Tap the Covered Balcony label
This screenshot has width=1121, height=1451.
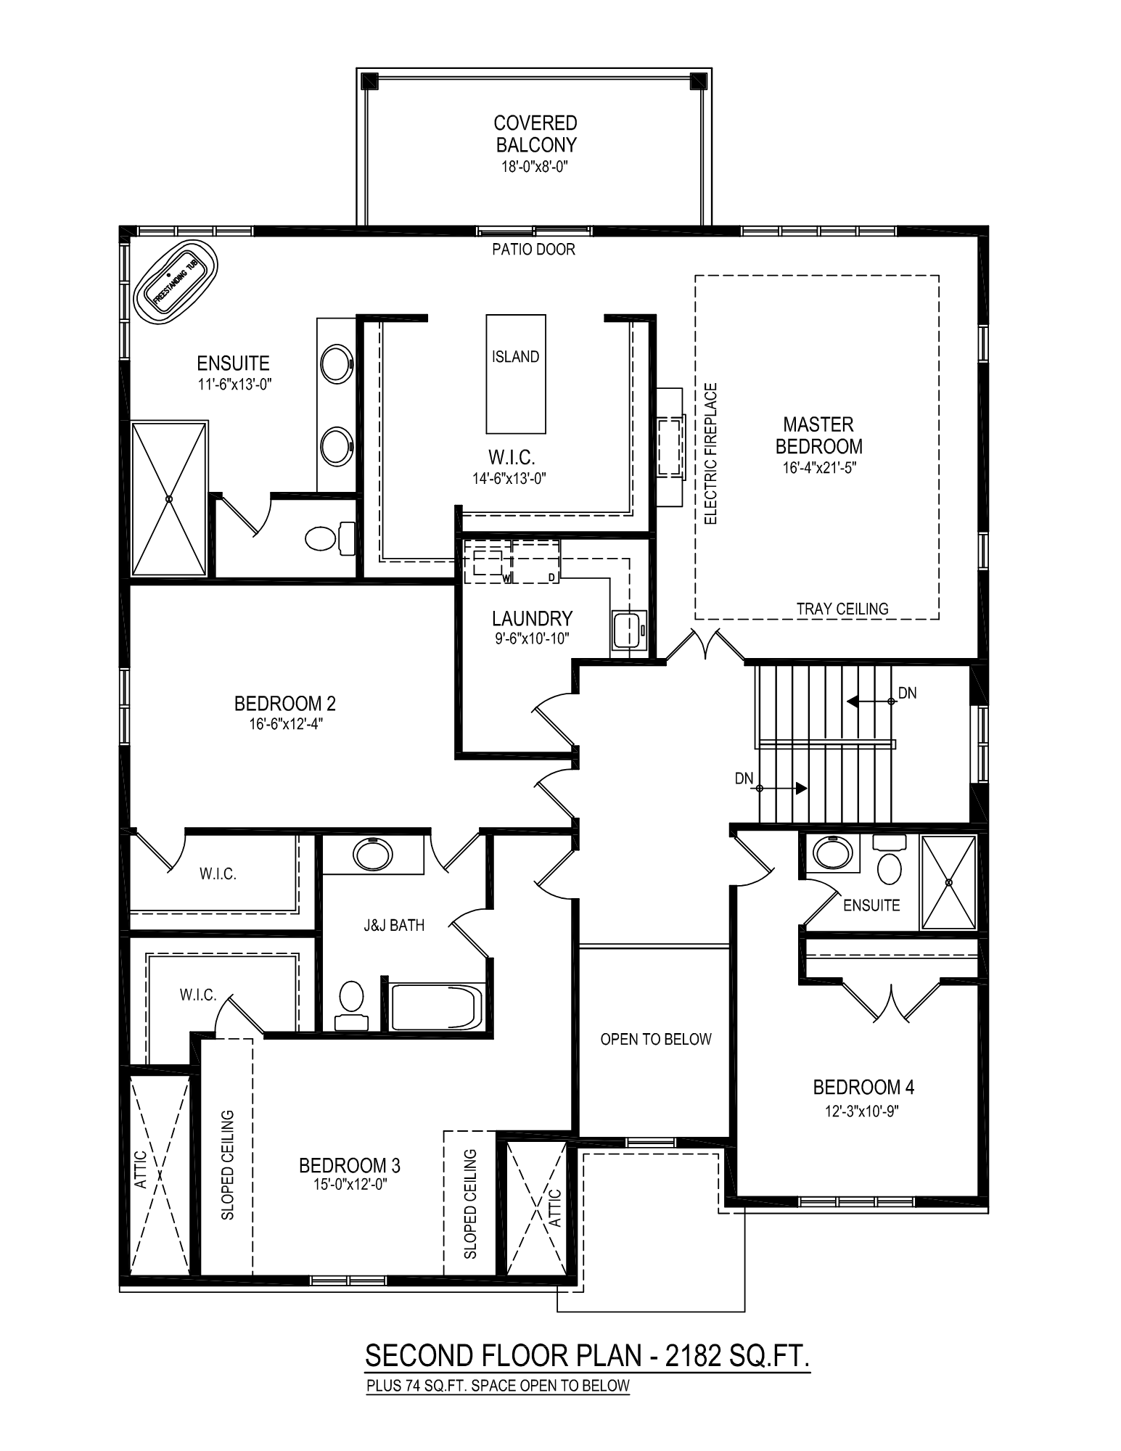click(535, 133)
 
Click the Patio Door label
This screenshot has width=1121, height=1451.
click(533, 250)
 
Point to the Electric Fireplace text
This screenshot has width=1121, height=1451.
click(711, 453)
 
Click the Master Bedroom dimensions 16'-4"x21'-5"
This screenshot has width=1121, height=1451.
click(818, 469)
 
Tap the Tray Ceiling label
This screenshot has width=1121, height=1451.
click(842, 609)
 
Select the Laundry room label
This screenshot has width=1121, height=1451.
click(533, 618)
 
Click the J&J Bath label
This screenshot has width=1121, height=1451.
click(394, 925)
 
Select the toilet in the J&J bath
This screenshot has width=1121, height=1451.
click(352, 1005)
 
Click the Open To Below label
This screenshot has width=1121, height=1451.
click(656, 1040)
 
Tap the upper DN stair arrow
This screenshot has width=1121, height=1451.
click(870, 702)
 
